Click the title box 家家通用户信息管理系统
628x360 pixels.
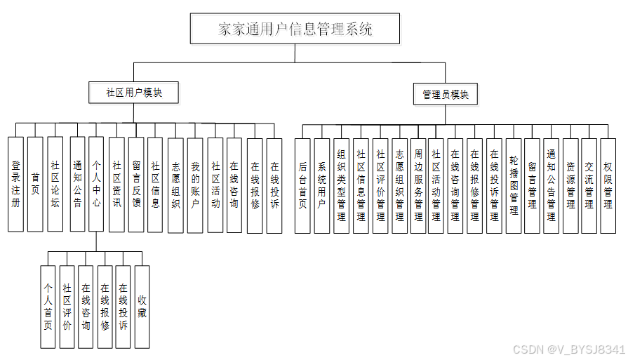(295, 29)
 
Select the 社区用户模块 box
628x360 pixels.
(134, 92)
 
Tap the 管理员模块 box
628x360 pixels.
(446, 94)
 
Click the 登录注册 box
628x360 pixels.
(16, 185)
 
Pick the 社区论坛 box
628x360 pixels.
(55, 185)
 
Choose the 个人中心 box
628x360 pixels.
(97, 185)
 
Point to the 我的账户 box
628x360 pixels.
(196, 185)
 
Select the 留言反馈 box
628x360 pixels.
(136, 185)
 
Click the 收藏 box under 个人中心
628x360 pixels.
(142, 307)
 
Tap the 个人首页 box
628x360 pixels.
(48, 307)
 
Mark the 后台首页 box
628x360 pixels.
(303, 185)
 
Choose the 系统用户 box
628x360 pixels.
(322, 185)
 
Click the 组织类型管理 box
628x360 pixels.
(342, 185)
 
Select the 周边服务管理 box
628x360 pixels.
(418, 185)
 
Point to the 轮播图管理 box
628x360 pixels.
(514, 185)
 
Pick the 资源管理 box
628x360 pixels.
(571, 185)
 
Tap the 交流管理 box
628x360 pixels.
(589, 185)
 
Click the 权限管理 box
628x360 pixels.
(608, 185)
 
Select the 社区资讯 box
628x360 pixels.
(116, 185)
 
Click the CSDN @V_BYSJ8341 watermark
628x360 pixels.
(569, 349)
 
